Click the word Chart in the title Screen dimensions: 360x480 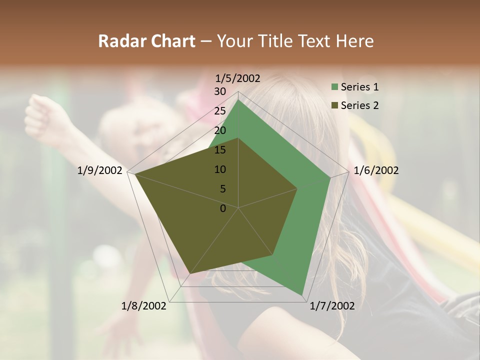click(x=170, y=41)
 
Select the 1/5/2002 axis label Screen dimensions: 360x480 click(x=238, y=78)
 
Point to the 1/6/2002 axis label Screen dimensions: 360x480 click(x=376, y=170)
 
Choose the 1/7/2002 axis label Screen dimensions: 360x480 click(x=332, y=306)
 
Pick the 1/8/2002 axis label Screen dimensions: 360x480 click(x=144, y=306)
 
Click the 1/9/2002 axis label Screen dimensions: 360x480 click(x=100, y=170)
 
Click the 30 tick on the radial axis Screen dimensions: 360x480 click(x=220, y=91)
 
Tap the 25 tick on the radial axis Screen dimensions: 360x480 click(x=220, y=111)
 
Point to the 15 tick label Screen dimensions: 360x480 click(x=220, y=150)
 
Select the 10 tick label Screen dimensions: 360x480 click(x=220, y=169)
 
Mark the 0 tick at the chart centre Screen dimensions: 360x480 click(x=223, y=208)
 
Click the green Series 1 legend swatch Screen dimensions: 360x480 click(x=334, y=87)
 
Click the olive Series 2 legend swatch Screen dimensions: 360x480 click(x=334, y=105)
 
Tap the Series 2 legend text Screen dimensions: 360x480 click(x=359, y=105)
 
